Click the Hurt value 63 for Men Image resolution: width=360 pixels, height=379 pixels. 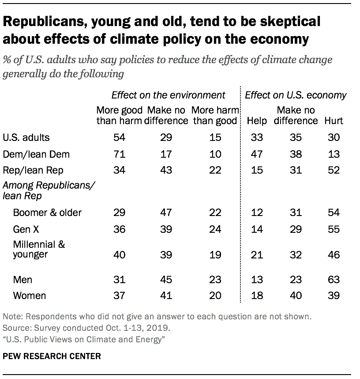click(x=333, y=280)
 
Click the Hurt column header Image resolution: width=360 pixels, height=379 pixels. click(x=333, y=120)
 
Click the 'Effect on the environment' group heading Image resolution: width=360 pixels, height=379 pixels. click(x=168, y=95)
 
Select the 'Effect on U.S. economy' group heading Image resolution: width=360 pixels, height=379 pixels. click(x=296, y=95)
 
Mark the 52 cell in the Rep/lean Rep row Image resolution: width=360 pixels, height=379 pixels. click(x=333, y=171)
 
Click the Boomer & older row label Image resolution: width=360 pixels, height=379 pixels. click(x=47, y=212)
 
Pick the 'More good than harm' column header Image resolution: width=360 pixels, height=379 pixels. click(x=119, y=115)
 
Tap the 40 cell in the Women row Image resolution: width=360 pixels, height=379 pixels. click(x=296, y=296)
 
